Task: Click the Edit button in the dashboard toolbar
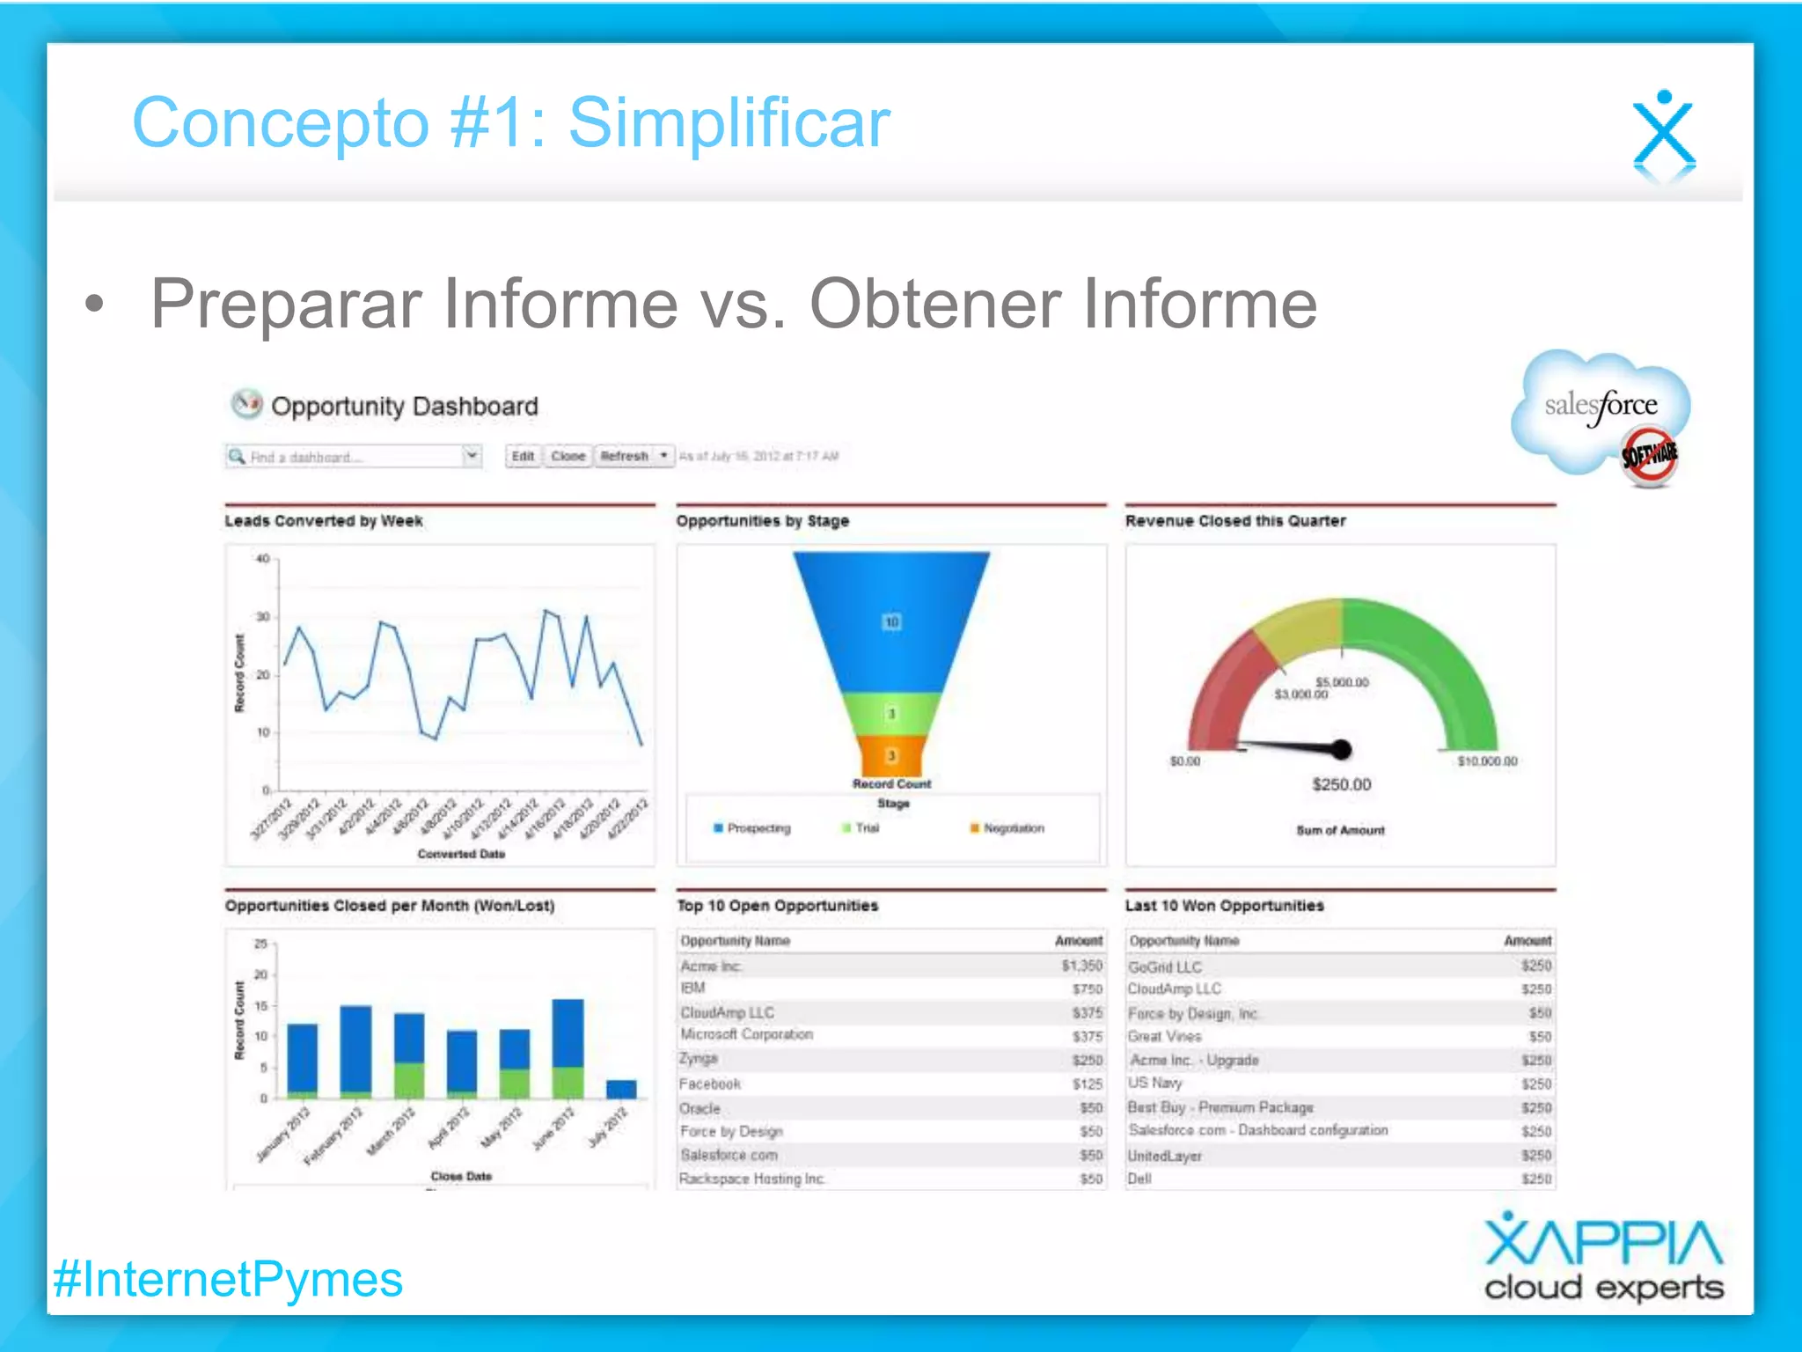[523, 456]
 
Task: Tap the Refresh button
[624, 456]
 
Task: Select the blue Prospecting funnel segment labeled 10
[891, 621]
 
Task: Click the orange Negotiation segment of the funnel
[891, 756]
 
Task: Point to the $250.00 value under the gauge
[1341, 784]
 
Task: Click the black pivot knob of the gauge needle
[1341, 749]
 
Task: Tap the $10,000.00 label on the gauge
[1487, 761]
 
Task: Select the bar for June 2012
[568, 1047]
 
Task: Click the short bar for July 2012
[621, 1089]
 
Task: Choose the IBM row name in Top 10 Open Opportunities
[693, 988]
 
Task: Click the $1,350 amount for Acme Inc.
[1081, 966]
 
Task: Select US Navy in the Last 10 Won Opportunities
[1155, 1083]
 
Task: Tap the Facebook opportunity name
[710, 1084]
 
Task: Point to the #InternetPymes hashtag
[228, 1279]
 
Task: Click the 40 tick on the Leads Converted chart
[262, 559]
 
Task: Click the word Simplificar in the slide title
[729, 123]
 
